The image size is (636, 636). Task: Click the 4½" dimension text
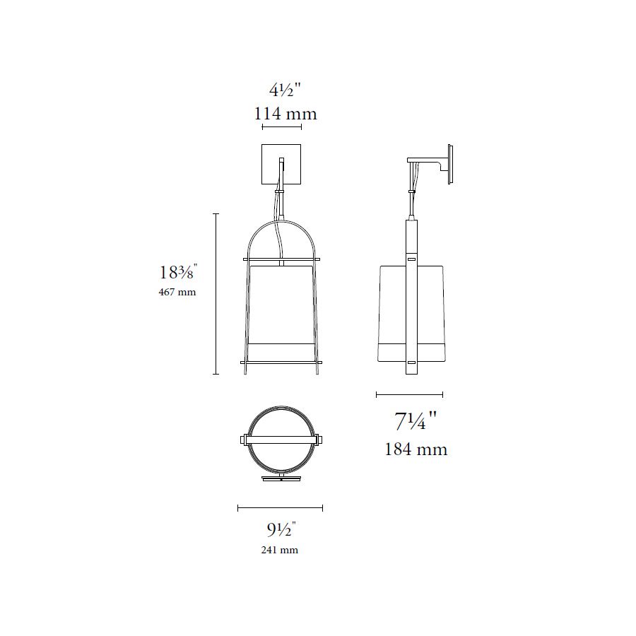[x=285, y=90]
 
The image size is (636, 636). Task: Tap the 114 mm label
[x=285, y=114]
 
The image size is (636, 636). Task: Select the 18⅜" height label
[x=178, y=272]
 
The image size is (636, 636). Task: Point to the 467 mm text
[x=177, y=292]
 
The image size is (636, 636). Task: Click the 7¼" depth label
[x=416, y=420]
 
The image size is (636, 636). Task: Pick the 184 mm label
[x=416, y=449]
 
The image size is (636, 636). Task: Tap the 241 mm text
[x=279, y=550]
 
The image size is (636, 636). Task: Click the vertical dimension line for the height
[x=216, y=294]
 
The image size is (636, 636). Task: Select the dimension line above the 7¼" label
[x=410, y=394]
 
